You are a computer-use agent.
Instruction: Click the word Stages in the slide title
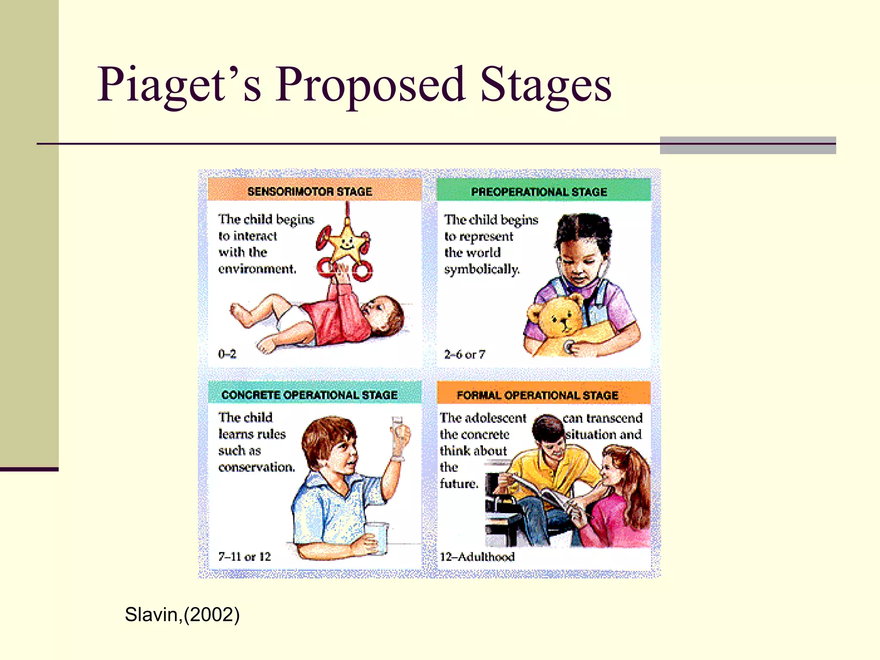click(x=546, y=85)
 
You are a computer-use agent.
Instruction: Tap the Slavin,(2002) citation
click(x=182, y=614)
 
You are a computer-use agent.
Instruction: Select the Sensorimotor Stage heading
click(x=310, y=192)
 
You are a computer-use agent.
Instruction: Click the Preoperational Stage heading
click(x=539, y=192)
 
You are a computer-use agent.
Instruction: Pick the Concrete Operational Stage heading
click(x=309, y=395)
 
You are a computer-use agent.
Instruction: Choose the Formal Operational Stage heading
click(x=537, y=395)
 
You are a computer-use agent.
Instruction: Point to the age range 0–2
click(x=227, y=354)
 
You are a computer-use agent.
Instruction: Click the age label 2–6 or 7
click(x=464, y=354)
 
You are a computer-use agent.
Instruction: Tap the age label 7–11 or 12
click(x=244, y=557)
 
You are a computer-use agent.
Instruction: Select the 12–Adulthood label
click(x=477, y=557)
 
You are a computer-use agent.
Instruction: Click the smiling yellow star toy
click(x=345, y=245)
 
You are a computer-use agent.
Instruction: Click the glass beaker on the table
click(x=376, y=537)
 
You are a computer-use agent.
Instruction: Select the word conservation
click(x=257, y=467)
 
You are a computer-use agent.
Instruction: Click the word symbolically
click(x=482, y=269)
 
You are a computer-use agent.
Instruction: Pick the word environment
click(x=257, y=269)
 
